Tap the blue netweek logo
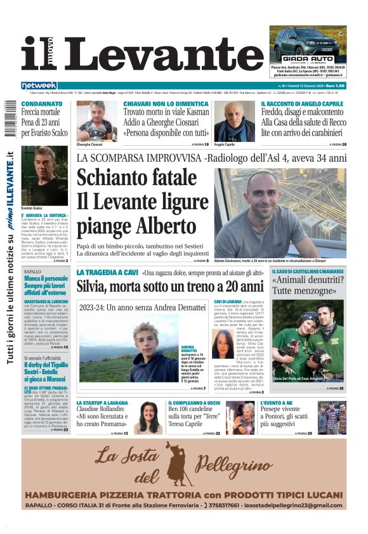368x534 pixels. tap(39, 86)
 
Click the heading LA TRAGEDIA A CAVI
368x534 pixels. tap(105, 273)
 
